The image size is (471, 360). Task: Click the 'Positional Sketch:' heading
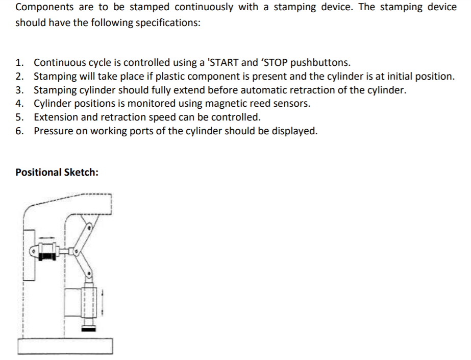coord(57,172)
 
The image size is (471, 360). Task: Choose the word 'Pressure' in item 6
coord(53,131)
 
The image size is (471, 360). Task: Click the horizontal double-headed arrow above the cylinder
coord(47,236)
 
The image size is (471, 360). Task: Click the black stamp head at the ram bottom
coord(88,330)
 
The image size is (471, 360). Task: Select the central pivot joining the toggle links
coord(77,251)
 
